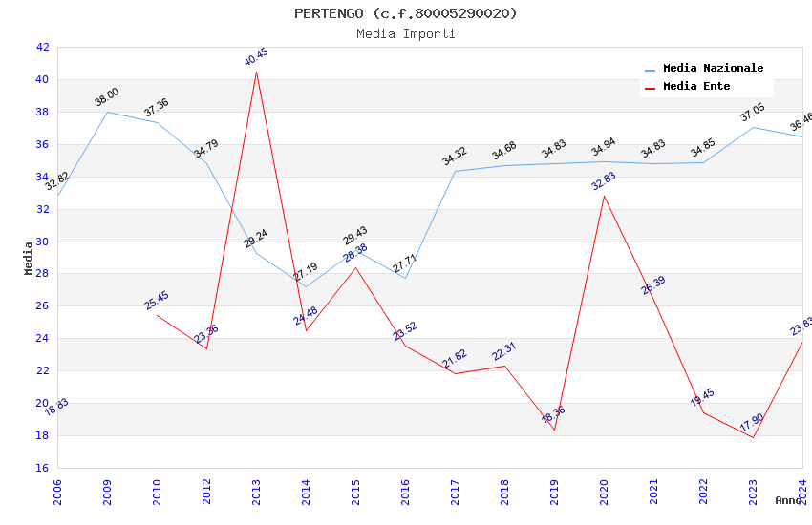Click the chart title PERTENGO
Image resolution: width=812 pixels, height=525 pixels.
pyautogui.click(x=405, y=13)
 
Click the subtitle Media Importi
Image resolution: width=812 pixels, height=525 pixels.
pyautogui.click(x=405, y=33)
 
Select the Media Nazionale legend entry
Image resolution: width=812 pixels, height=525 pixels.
pyautogui.click(x=713, y=69)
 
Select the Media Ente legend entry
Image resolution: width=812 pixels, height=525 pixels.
pyautogui.click(x=696, y=87)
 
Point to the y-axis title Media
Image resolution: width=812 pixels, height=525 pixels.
pyautogui.click(x=29, y=258)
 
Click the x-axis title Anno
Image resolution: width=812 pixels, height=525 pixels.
pyautogui.click(x=788, y=500)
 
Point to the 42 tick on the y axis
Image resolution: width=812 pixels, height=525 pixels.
pyautogui.click(x=42, y=47)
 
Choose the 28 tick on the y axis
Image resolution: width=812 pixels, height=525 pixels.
pyautogui.click(x=42, y=274)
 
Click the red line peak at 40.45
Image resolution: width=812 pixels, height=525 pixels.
pyautogui.click(x=256, y=72)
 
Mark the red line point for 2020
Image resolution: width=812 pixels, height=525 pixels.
pyautogui.click(x=604, y=196)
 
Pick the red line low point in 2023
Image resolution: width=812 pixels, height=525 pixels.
pyautogui.click(x=753, y=437)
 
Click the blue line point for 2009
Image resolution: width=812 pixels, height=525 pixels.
pyautogui.click(x=107, y=112)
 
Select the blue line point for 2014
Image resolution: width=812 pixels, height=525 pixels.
pyautogui.click(x=306, y=286)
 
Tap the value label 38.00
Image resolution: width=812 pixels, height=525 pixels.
pyautogui.click(x=106, y=97)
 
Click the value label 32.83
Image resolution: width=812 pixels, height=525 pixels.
pyautogui.click(x=604, y=181)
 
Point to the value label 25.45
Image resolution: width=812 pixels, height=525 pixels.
pyautogui.click(x=157, y=301)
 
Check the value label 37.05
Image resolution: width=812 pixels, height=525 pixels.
pyautogui.click(x=753, y=114)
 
